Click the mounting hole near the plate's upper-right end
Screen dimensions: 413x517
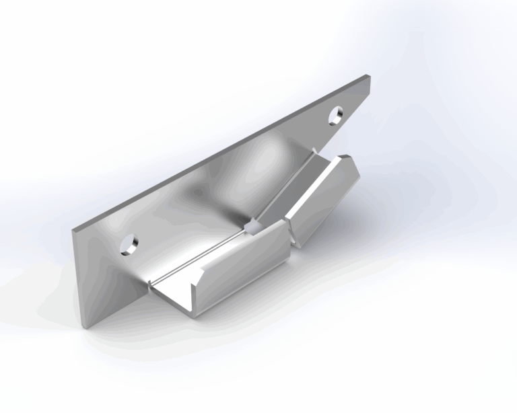pyautogui.click(x=335, y=116)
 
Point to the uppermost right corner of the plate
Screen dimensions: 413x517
pyautogui.click(x=370, y=76)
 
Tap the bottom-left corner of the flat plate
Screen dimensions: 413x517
pyautogui.click(x=86, y=329)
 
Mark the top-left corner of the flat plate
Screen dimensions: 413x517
pyautogui.click(x=73, y=229)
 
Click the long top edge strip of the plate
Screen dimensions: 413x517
pyautogui.click(x=222, y=153)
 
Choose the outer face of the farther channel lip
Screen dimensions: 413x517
pyautogui.click(x=323, y=202)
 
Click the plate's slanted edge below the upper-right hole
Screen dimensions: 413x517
pyautogui.click(x=337, y=138)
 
